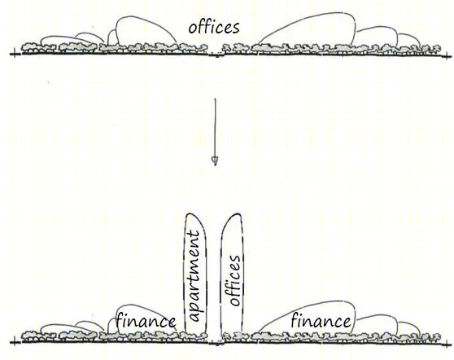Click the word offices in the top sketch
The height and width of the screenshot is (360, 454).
coord(214,27)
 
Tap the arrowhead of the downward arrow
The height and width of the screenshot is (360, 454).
coord(215,161)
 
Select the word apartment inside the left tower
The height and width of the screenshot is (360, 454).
coord(194,275)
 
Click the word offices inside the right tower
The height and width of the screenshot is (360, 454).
coord(234,280)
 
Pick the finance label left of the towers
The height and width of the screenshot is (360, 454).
coord(146,322)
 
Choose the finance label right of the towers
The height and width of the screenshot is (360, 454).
coord(321,321)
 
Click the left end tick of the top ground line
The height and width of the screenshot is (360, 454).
coord(15,55)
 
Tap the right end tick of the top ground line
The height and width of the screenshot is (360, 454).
coord(447,55)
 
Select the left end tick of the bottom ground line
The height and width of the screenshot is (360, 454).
coord(15,342)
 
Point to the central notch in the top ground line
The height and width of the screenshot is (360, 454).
coord(216,55)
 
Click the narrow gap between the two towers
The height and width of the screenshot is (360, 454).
coord(214,275)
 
